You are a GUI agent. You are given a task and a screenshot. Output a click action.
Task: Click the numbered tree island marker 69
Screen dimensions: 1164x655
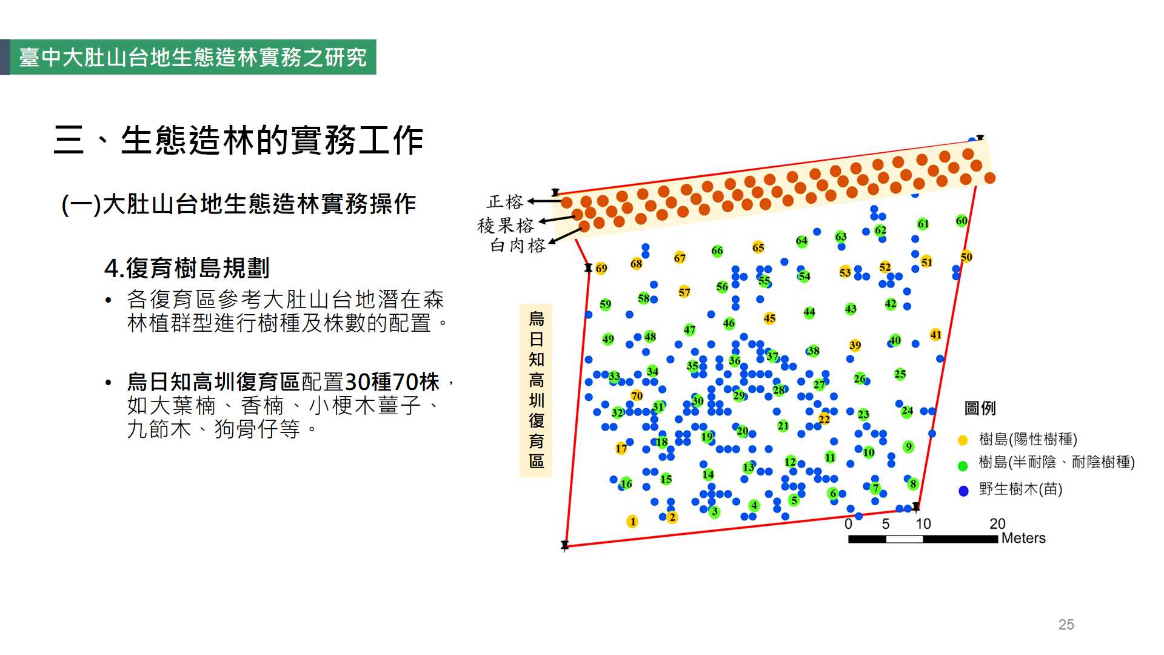(601, 268)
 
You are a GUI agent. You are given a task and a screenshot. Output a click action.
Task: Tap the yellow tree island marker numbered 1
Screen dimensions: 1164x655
(632, 522)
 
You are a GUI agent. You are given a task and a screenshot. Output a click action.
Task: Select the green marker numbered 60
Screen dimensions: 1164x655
(962, 221)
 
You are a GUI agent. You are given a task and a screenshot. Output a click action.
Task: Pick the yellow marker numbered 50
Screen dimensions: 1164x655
(966, 257)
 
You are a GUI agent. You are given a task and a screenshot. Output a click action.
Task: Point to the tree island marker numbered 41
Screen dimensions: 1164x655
(936, 335)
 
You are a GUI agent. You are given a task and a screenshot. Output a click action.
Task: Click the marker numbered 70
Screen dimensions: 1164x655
(637, 395)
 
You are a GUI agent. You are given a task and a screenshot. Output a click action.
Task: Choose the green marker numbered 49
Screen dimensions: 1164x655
(608, 339)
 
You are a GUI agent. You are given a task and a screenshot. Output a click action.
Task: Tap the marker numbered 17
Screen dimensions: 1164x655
(621, 448)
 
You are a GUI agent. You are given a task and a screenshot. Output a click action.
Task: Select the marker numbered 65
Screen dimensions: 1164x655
(758, 247)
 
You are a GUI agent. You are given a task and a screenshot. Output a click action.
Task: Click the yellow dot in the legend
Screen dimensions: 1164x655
(963, 440)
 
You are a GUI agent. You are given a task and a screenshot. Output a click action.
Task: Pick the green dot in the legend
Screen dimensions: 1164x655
(963, 466)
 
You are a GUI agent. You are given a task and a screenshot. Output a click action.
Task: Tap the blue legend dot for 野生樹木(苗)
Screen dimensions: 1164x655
(963, 491)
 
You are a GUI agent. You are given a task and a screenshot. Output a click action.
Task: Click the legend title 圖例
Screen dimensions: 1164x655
(980, 408)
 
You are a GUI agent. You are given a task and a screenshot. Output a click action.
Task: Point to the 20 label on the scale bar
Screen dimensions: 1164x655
(997, 523)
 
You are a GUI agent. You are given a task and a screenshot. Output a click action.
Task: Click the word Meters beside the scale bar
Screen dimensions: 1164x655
(1023, 538)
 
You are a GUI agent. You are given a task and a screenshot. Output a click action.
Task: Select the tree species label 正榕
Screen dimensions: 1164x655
(504, 201)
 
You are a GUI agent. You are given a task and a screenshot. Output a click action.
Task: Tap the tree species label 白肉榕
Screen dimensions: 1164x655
(518, 245)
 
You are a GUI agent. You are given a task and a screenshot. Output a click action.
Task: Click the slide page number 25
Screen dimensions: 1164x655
(1066, 625)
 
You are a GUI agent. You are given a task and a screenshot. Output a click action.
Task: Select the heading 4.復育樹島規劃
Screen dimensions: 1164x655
(187, 267)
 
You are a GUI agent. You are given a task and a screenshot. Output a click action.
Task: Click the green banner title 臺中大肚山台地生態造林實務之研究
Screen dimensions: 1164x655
(193, 58)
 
